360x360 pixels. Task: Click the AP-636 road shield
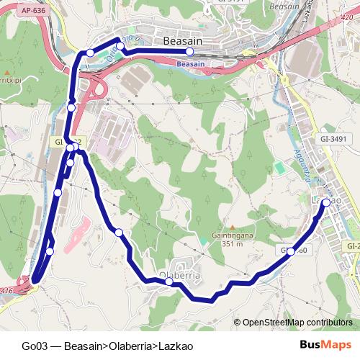coord(34,11)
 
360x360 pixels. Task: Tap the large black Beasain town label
coord(186,41)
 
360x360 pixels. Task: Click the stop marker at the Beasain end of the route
coord(189,52)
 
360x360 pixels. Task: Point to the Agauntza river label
coord(297,151)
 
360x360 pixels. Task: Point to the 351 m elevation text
coord(232,244)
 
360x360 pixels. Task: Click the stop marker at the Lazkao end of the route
coord(326,203)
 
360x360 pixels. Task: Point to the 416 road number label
coord(6,290)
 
